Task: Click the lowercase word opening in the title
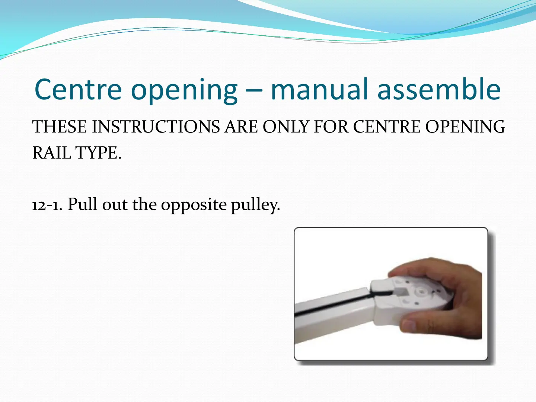[x=184, y=91]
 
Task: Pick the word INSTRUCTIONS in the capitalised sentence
[x=156, y=127]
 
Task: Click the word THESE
[x=59, y=127]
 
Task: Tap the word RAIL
[x=51, y=153]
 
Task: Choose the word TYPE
[x=98, y=153]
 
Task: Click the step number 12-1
[x=47, y=205]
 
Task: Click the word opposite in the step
[x=194, y=205]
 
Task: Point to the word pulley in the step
[x=255, y=205]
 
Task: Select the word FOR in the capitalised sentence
[x=331, y=127]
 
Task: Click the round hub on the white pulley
[x=421, y=291]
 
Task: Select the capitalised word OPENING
[x=465, y=127]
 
